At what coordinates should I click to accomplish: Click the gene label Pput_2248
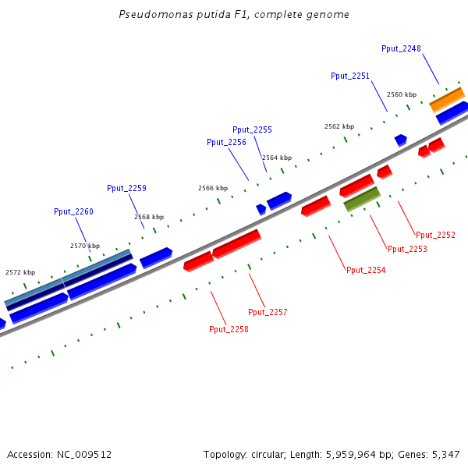pyautogui.click(x=401, y=48)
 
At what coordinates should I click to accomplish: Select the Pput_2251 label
pyautogui.click(x=350, y=76)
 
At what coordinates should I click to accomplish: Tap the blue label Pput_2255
pyautogui.click(x=252, y=129)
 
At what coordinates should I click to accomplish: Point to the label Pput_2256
pyautogui.click(x=226, y=142)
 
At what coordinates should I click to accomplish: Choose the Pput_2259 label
pyautogui.click(x=126, y=188)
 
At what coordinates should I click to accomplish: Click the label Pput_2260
pyautogui.click(x=73, y=211)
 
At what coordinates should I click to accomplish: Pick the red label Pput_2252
pyautogui.click(x=435, y=235)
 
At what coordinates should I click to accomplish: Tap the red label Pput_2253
pyautogui.click(x=407, y=249)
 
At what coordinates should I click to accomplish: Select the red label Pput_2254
pyautogui.click(x=366, y=270)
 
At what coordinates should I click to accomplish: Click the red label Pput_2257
pyautogui.click(x=268, y=312)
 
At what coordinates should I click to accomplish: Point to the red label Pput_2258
pyautogui.click(x=229, y=329)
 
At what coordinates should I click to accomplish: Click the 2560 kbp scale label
pyautogui.click(x=402, y=94)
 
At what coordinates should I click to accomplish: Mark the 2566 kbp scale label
pyautogui.click(x=213, y=188)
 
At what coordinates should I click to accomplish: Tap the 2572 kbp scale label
pyautogui.click(x=20, y=272)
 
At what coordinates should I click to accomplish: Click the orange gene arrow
pyautogui.click(x=447, y=99)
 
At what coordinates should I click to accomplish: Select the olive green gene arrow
pyautogui.click(x=362, y=199)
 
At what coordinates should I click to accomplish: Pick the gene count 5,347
pyautogui.click(x=445, y=454)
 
